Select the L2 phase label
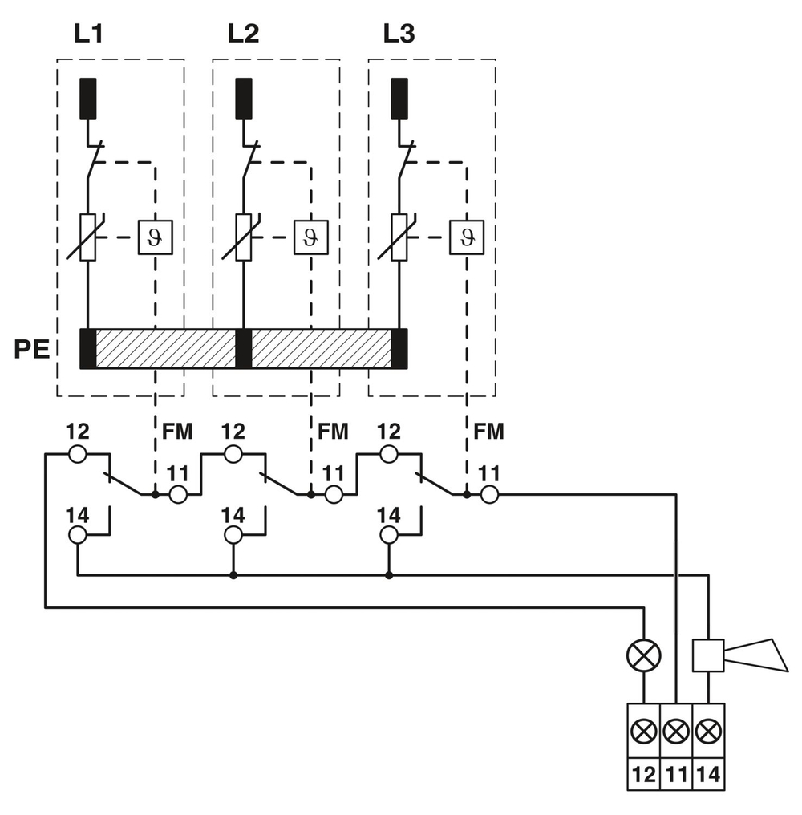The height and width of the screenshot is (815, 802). click(x=243, y=34)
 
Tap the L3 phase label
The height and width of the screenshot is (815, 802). click(x=399, y=34)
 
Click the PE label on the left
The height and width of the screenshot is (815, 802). click(x=31, y=351)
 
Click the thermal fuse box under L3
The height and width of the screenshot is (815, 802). click(x=465, y=237)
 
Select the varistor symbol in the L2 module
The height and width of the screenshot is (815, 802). click(x=244, y=237)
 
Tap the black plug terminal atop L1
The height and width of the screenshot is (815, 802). click(x=88, y=98)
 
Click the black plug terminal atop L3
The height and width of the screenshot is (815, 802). click(x=399, y=98)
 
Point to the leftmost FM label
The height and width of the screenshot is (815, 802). click(x=177, y=432)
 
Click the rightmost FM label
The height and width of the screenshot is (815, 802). click(x=488, y=432)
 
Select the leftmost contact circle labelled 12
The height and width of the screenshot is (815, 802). click(x=77, y=455)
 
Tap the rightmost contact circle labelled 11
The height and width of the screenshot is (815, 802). click(x=489, y=495)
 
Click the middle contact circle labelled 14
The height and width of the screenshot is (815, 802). click(x=233, y=535)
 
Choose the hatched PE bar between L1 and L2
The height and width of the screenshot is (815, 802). click(x=165, y=349)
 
